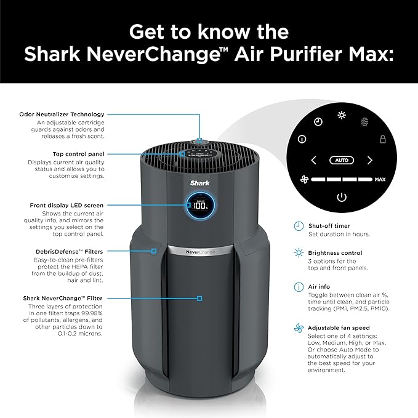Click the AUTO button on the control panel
point(341,160)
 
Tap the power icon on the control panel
point(341,198)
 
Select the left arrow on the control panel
point(313,161)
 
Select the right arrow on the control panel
point(369,161)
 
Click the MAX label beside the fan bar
point(380,180)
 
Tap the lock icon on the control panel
point(382,139)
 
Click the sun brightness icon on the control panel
point(342,116)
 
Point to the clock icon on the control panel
point(318,122)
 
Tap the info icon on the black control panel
point(302,139)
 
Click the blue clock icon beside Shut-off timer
point(299,225)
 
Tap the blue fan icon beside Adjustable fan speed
point(299,329)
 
